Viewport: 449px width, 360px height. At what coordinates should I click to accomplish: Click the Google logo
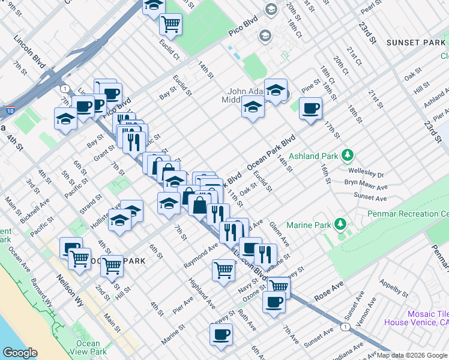20,353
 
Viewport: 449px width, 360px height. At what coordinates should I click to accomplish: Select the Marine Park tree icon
340,225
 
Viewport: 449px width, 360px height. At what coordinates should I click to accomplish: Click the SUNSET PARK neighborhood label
415,43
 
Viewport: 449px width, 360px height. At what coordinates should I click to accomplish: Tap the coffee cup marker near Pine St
310,109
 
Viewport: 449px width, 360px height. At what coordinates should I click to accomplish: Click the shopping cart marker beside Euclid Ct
170,24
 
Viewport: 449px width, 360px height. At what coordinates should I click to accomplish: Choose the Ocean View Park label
88,347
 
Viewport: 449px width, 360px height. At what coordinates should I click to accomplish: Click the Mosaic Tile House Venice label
428,318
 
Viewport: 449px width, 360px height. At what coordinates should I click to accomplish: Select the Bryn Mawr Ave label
366,183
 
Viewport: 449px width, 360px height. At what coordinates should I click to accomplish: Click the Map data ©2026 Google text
411,355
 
